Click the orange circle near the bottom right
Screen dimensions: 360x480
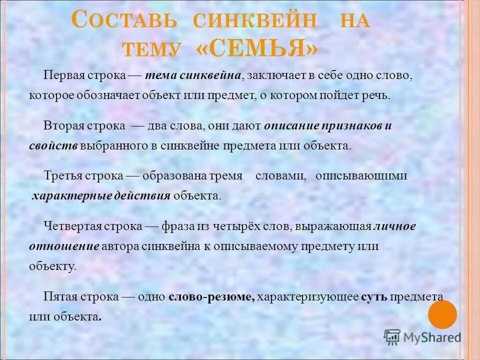tap(442, 314)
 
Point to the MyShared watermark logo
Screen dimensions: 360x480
tap(423, 336)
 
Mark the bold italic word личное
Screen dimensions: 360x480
tap(395, 226)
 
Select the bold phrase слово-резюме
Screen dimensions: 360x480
tap(212, 296)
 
